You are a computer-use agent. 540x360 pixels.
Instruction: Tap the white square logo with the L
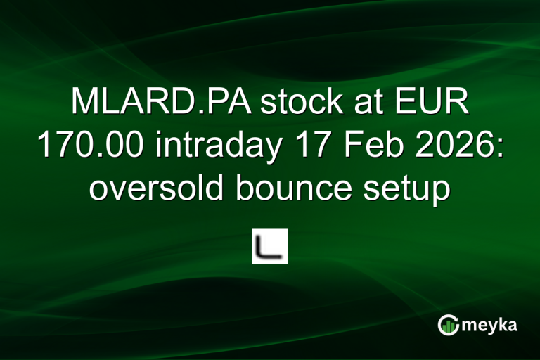point(270,246)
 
